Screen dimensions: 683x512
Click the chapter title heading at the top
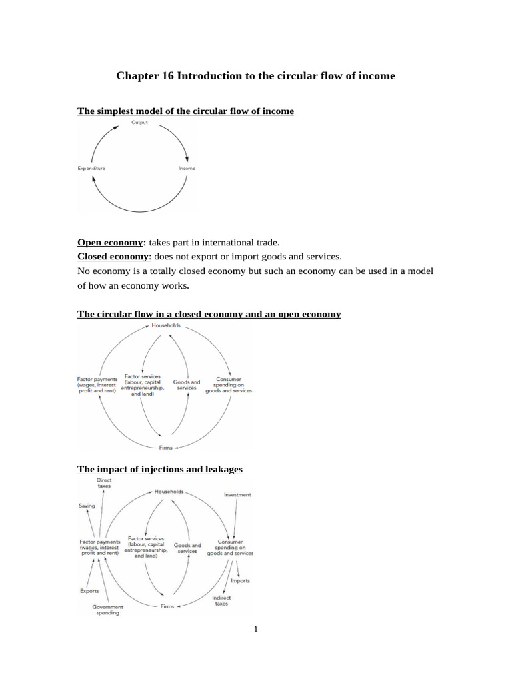(x=255, y=76)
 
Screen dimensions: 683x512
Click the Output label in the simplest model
(x=139, y=123)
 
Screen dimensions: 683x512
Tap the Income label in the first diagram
(x=187, y=169)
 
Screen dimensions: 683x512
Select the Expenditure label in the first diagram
(x=91, y=169)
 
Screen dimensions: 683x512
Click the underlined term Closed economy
(x=114, y=256)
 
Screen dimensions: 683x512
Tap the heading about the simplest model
(x=185, y=111)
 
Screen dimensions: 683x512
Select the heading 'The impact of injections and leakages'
(x=160, y=470)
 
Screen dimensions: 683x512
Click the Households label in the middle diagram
(x=166, y=326)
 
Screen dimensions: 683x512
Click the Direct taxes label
(x=104, y=483)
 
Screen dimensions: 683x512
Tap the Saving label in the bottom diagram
(x=87, y=506)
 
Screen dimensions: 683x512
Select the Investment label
(x=237, y=495)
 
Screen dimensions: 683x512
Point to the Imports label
(x=240, y=580)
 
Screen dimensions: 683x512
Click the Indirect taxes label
(x=221, y=601)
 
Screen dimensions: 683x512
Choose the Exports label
(x=89, y=591)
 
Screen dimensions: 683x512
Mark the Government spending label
(x=107, y=610)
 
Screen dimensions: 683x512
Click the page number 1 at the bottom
(x=255, y=628)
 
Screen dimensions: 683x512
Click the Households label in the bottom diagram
(x=169, y=492)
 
